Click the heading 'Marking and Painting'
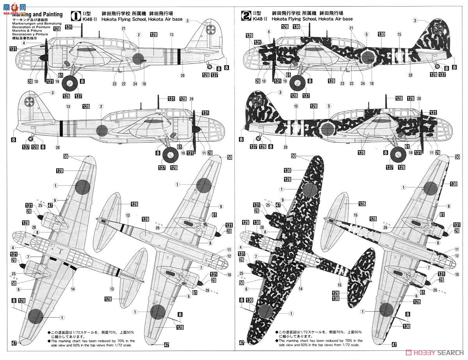pos(37,14)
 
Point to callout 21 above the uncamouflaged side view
pos(124,28)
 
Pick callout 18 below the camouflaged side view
pos(372,83)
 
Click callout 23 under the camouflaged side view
pos(342,83)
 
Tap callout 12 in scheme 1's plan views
pos(229,256)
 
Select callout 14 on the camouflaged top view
pos(300,289)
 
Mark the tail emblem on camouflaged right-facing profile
pos(256,102)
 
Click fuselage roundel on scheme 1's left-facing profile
pos(139,58)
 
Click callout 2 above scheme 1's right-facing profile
pos(101,106)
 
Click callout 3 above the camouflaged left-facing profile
pos(415,21)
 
